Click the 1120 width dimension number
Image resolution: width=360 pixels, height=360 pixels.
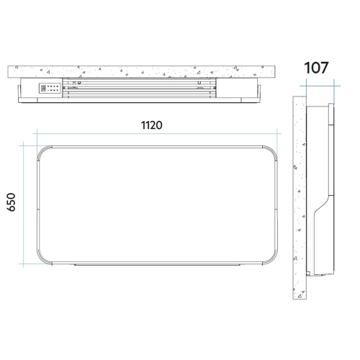[x=151, y=125]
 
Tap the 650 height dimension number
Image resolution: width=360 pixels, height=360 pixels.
[x=12, y=202]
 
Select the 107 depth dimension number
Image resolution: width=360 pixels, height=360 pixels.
[x=316, y=68]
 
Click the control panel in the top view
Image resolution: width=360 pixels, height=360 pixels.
[x=50, y=88]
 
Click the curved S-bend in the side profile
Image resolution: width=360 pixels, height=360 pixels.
[x=323, y=204]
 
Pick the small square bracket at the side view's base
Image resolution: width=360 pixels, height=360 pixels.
[x=308, y=274]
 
